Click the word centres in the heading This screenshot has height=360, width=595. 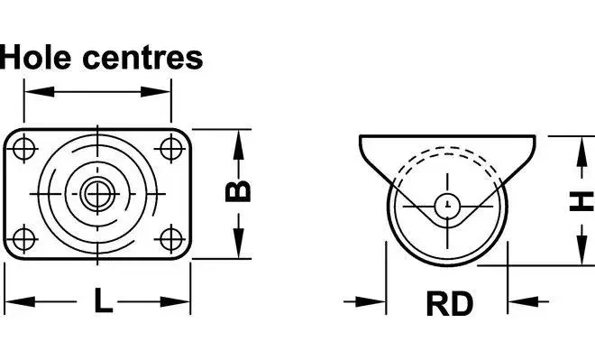pyautogui.click(x=142, y=58)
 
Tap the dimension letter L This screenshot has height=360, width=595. pyautogui.click(x=103, y=300)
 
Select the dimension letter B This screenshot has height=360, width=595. pyautogui.click(x=238, y=191)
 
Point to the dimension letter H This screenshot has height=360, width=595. pyautogui.click(x=581, y=201)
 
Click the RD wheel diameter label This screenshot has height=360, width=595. pyautogui.click(x=450, y=304)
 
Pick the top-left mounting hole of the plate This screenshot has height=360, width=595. pyautogui.click(x=24, y=148)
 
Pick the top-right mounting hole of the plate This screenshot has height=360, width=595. pyautogui.click(x=170, y=148)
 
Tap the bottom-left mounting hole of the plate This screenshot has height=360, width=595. pyautogui.click(x=24, y=239)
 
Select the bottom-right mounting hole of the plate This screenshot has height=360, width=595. pyautogui.click(x=170, y=239)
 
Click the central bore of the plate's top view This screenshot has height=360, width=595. pyautogui.click(x=97, y=194)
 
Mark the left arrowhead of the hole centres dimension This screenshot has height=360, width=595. pyautogui.click(x=39, y=91)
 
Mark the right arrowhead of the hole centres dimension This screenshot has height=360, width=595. pyautogui.click(x=156, y=91)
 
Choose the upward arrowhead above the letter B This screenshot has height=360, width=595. pyautogui.click(x=238, y=144)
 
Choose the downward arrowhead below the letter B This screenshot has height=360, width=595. pyautogui.click(x=238, y=244)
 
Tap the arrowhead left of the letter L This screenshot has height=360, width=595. pyautogui.click(x=20, y=302)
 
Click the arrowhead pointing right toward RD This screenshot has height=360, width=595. pyautogui.click(x=371, y=302)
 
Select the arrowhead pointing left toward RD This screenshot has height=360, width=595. pyautogui.click(x=523, y=302)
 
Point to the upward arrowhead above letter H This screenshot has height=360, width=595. pyautogui.click(x=581, y=152)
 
